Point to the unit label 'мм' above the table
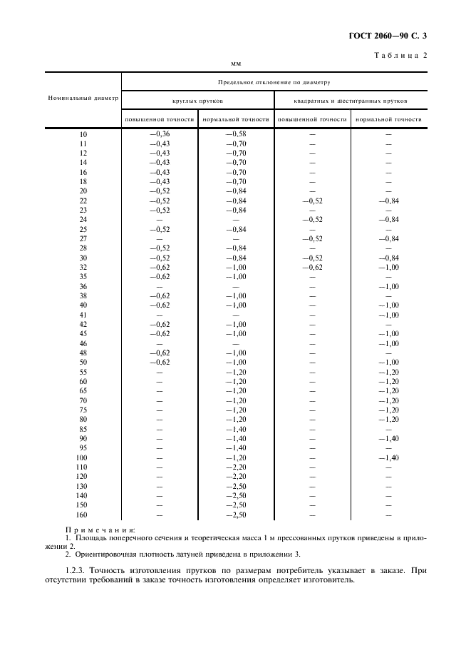[237, 64]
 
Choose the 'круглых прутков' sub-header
[198, 101]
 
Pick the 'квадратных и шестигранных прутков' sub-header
[351, 101]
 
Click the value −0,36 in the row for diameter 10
[160, 134]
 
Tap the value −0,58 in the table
[236, 134]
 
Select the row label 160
[83, 514]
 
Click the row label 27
[83, 238]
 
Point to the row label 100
[83, 457]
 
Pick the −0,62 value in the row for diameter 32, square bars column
[312, 267]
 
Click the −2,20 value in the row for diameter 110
[236, 467]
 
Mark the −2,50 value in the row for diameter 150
[236, 505]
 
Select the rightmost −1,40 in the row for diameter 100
[388, 457]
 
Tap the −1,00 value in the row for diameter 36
[388, 286]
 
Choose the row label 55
[83, 372]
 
